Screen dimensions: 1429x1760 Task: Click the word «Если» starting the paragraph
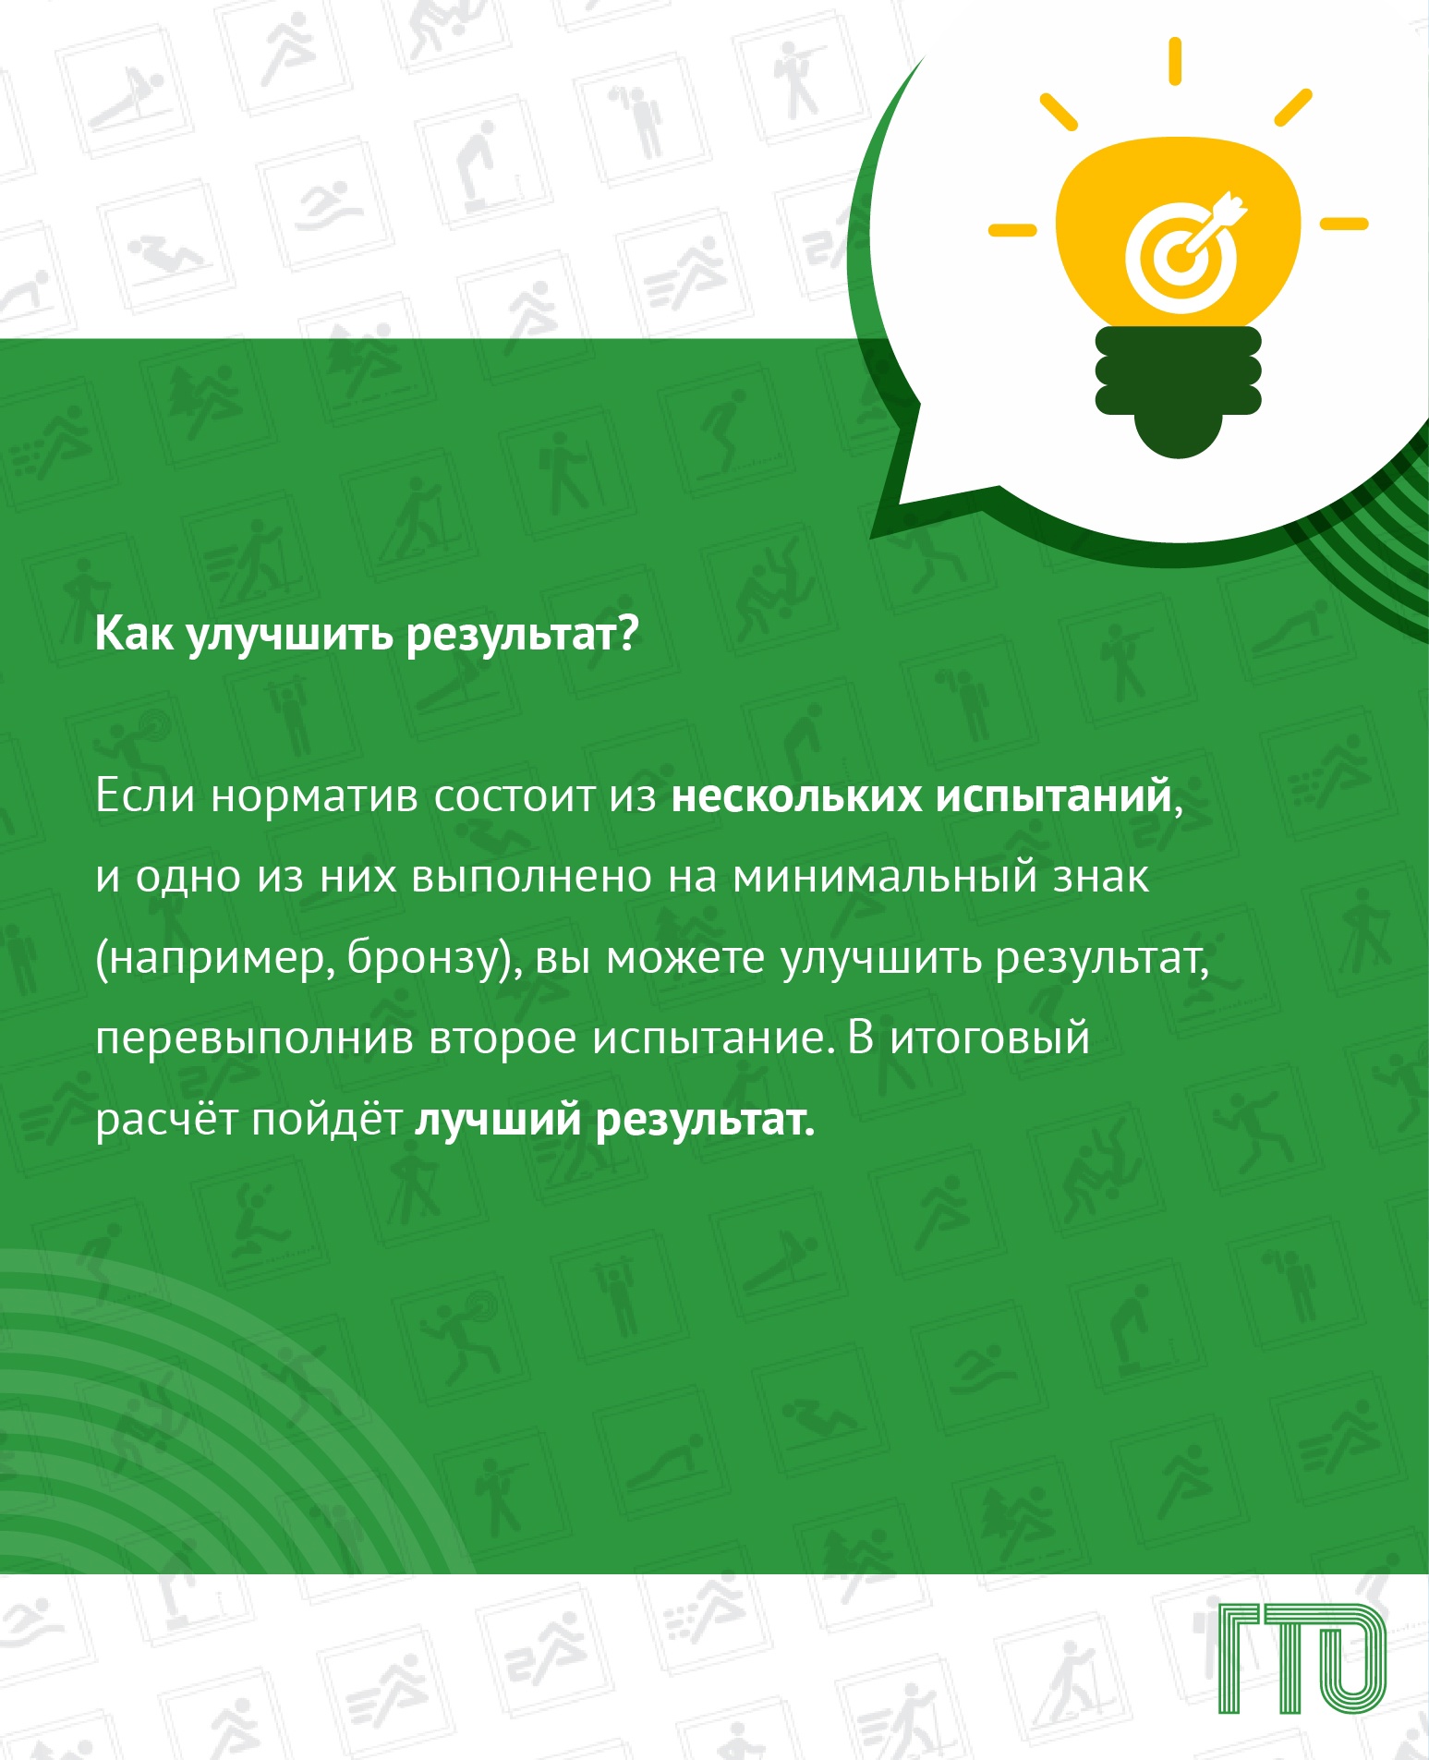click(x=145, y=795)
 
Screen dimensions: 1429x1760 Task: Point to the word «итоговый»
click(x=989, y=1038)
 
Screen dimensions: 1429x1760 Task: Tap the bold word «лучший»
click(x=497, y=1120)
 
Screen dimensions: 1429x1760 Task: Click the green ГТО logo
click(x=1302, y=1659)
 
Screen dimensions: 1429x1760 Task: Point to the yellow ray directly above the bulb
click(x=1174, y=62)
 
